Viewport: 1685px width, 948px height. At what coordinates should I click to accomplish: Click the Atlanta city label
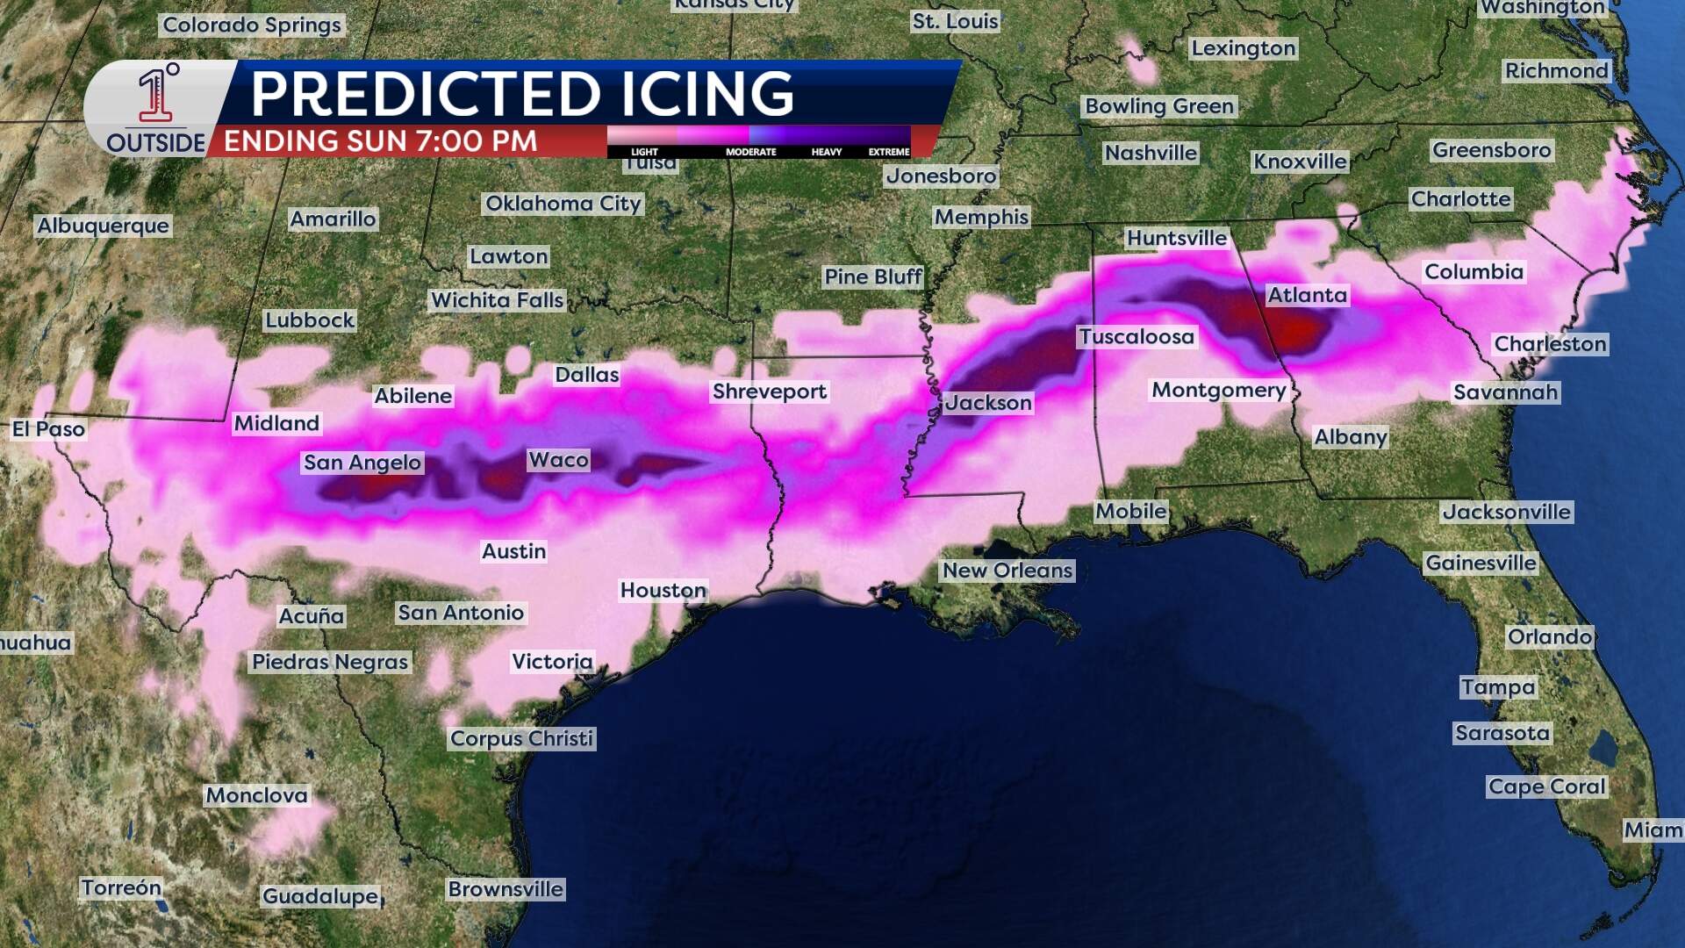[x=1307, y=296]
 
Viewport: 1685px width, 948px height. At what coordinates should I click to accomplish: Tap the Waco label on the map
[x=558, y=460]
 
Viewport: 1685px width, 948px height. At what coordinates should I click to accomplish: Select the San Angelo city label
[x=362, y=463]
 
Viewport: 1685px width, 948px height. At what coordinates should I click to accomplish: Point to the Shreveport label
[x=770, y=391]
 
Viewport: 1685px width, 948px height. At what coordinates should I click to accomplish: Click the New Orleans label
[x=1007, y=571]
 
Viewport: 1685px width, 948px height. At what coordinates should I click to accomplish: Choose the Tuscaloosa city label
[x=1136, y=337]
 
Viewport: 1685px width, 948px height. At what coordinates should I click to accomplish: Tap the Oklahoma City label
[x=563, y=204]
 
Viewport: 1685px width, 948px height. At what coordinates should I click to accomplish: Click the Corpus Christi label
[x=522, y=738]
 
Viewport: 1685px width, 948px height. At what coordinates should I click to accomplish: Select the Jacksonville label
[x=1507, y=512]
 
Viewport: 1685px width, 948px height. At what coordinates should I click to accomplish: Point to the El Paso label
[x=48, y=429]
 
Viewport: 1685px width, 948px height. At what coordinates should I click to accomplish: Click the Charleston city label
[x=1551, y=344]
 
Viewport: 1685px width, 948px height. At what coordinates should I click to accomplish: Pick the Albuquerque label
[x=103, y=226]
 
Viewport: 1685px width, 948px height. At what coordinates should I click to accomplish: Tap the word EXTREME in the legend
[x=889, y=152]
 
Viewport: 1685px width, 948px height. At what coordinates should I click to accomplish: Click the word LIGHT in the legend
[x=644, y=152]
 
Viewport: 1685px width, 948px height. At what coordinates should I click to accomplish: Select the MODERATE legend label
[x=751, y=152]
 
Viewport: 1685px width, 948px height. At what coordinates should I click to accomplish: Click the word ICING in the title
[x=707, y=94]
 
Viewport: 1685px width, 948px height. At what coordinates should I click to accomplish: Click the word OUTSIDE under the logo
[x=155, y=143]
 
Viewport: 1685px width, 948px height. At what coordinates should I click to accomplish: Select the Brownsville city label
[x=505, y=889]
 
